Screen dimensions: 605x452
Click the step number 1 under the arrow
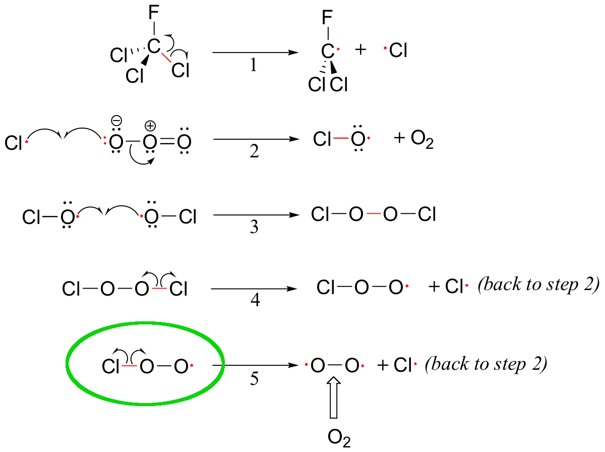254,66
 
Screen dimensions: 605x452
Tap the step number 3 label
254,227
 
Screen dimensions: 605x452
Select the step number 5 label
254,378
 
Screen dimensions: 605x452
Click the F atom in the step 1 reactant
154,13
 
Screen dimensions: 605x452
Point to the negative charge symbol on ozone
116,121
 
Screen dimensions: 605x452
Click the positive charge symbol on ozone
150,126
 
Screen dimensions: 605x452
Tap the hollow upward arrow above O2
333,398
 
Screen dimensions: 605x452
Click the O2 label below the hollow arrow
339,438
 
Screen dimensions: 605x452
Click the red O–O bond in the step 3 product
373,214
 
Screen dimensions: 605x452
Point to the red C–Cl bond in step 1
166,58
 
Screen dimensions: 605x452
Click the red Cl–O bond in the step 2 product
341,138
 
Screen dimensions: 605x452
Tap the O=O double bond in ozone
167,142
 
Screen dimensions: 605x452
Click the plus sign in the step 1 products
360,50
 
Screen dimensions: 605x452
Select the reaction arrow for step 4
254,289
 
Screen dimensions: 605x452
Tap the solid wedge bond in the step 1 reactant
145,61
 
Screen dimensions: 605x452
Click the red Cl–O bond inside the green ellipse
129,366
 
